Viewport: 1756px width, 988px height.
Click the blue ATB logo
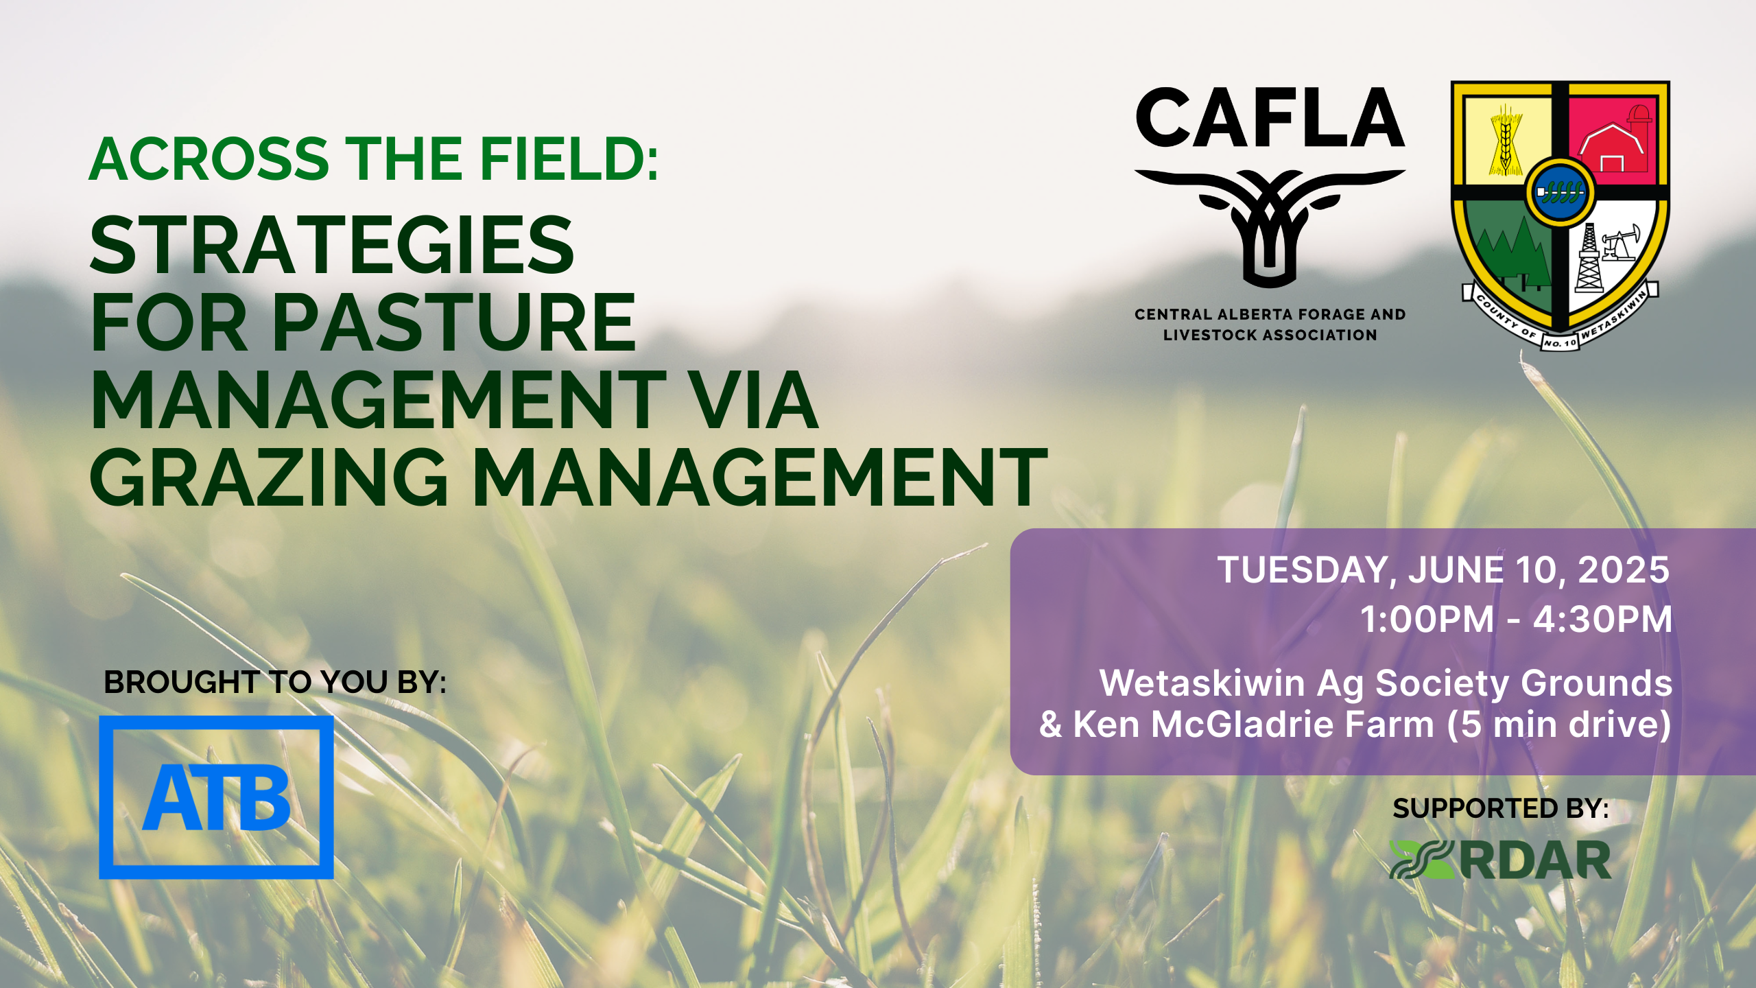pyautogui.click(x=216, y=797)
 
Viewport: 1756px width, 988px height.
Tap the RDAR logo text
pyautogui.click(x=1535, y=860)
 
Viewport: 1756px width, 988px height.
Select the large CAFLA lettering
pyautogui.click(x=1270, y=118)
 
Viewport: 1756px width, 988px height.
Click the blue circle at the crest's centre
pyautogui.click(x=1560, y=191)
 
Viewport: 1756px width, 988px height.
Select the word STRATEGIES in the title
pyautogui.click(x=332, y=245)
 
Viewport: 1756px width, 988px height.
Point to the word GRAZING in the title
pyautogui.click(x=269, y=477)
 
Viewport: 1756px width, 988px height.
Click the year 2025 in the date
pyautogui.click(x=1623, y=570)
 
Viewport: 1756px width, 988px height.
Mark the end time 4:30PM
pyautogui.click(x=1602, y=620)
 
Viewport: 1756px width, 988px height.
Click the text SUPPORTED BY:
pyautogui.click(x=1501, y=808)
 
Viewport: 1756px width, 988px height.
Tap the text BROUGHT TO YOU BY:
pyautogui.click(x=275, y=682)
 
